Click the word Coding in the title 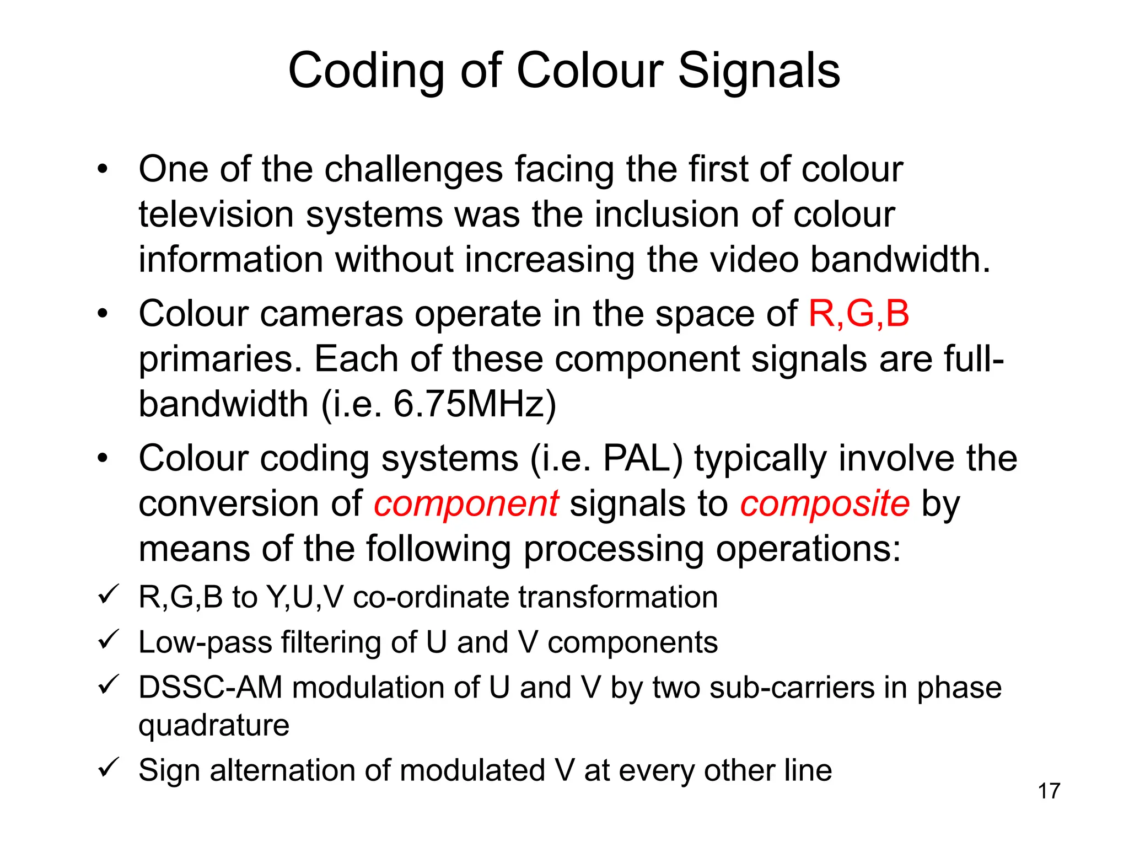366,72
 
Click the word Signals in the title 759,72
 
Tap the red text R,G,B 858,314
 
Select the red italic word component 466,504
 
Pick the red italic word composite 825,504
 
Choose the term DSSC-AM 210,688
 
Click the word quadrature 214,725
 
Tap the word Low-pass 205,643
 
